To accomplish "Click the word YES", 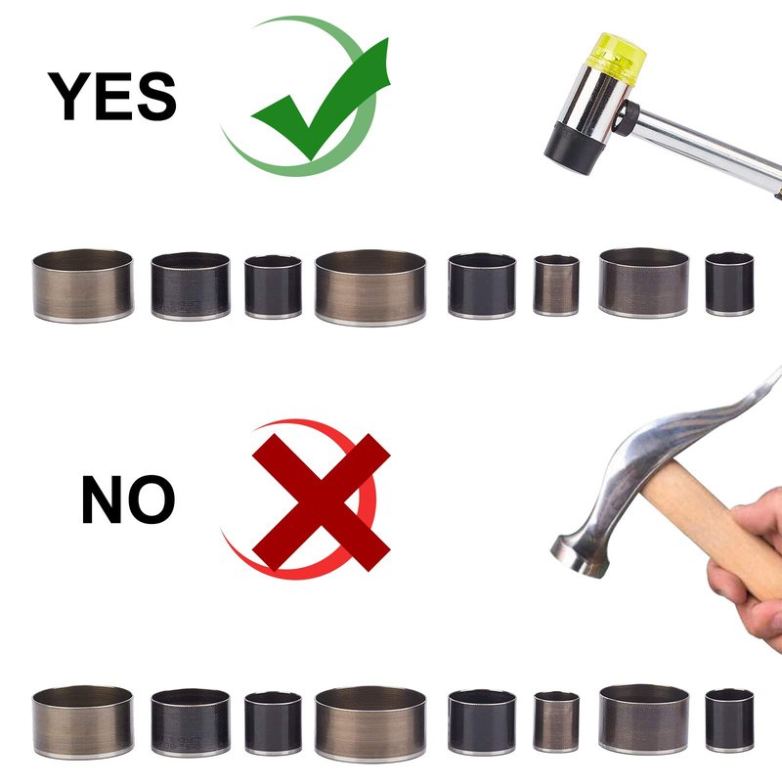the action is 112,96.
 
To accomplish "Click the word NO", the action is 128,500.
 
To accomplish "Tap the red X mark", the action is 322,502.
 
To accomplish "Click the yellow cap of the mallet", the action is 617,58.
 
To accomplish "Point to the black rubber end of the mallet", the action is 574,148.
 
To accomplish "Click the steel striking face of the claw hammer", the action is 579,556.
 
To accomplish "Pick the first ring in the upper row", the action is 83,285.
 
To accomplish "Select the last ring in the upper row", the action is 729,284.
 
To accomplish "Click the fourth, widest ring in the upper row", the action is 370,287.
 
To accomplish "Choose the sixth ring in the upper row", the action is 556,285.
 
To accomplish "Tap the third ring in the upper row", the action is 273,286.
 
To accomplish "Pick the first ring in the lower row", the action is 83,722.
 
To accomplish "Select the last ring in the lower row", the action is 729,720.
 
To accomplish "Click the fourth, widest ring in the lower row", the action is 370,724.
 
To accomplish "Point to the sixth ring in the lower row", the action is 556,721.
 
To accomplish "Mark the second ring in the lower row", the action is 190,722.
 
